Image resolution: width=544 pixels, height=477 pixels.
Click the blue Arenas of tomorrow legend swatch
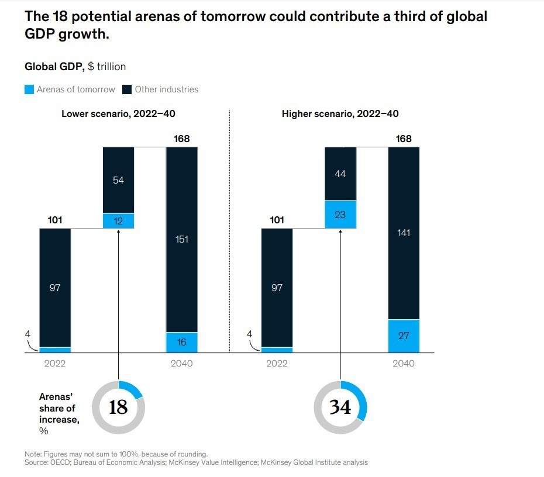tap(29, 90)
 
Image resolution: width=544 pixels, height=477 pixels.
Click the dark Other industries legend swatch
tap(127, 90)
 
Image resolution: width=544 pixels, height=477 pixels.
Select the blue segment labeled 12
tap(119, 220)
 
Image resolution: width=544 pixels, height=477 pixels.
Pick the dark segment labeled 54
tap(119, 180)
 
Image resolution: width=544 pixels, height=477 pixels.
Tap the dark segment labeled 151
tap(182, 239)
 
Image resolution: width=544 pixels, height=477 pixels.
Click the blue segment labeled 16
tap(182, 343)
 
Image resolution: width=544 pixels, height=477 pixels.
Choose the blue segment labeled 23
tap(340, 215)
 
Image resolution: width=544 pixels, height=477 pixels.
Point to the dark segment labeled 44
tap(340, 174)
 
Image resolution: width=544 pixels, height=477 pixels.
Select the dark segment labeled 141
tap(404, 233)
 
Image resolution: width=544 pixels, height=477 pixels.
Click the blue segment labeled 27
tap(404, 336)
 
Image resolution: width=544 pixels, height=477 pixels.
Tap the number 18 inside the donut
tap(118, 407)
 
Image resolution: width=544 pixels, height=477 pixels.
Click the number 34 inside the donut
tap(340, 407)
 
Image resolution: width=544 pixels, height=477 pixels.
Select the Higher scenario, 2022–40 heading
tap(340, 114)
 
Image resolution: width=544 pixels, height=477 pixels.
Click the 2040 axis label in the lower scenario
tap(182, 364)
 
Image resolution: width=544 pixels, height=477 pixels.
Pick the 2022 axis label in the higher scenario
tap(277, 364)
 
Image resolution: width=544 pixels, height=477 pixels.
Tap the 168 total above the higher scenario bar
tap(404, 139)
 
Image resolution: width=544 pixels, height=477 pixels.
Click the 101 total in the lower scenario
tap(55, 220)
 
